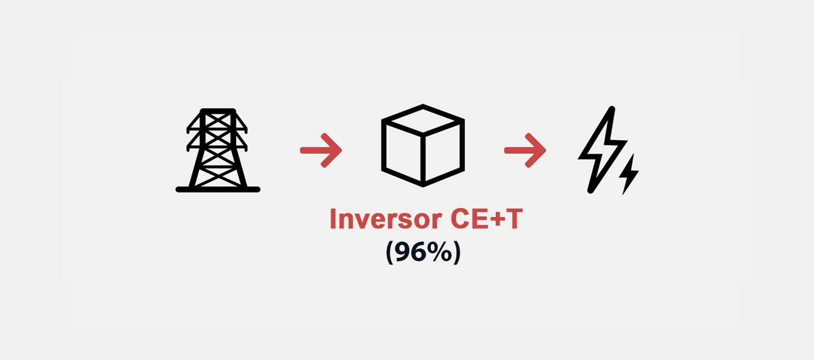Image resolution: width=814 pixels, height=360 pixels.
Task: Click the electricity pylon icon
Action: [x=218, y=150]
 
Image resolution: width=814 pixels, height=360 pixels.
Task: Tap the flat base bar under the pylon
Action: [x=218, y=189]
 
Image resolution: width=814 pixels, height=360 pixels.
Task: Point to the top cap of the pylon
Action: [x=218, y=111]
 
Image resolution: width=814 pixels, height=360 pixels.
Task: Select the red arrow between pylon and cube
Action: [x=321, y=150]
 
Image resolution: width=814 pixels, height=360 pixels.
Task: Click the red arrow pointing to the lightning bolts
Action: [x=526, y=150]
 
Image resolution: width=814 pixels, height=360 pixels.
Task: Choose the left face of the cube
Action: [x=402, y=153]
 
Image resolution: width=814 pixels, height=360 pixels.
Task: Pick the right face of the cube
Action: [x=443, y=153]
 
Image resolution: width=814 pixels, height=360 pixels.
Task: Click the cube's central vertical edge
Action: [x=423, y=160]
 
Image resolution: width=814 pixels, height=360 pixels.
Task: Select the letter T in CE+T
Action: [x=512, y=219]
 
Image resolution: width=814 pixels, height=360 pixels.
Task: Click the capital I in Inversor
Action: [x=332, y=219]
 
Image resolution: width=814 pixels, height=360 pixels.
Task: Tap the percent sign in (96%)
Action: [x=436, y=251]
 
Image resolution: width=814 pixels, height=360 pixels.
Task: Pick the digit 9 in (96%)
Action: [x=402, y=251]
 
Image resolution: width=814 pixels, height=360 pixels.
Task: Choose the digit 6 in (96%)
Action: [x=418, y=251]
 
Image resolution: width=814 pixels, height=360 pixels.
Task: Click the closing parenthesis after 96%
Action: [x=457, y=253]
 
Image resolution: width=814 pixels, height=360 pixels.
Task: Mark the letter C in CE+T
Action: [x=460, y=219]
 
